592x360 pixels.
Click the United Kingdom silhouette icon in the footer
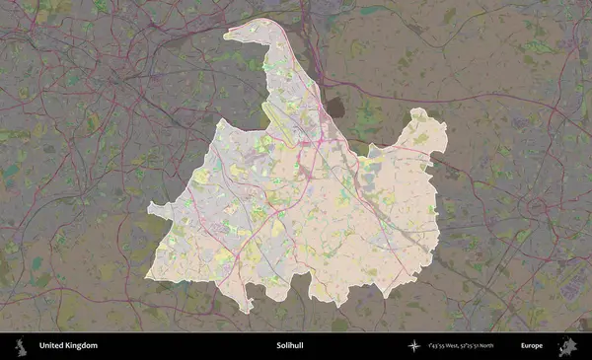21,346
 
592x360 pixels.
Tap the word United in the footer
52,346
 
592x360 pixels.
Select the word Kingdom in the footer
82,346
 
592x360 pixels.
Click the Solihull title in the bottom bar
291,346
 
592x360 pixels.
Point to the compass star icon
413,346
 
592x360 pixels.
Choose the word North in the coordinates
511,346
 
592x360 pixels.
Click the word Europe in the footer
533,346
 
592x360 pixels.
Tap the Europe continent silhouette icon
568,346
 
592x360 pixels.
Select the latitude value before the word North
486,346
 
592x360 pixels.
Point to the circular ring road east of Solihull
537,207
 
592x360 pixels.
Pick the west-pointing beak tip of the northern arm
225,36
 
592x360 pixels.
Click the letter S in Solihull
279,346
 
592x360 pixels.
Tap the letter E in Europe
524,346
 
